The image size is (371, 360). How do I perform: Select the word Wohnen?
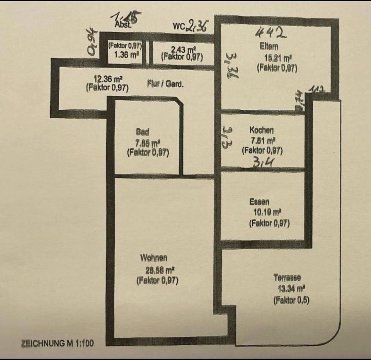154,258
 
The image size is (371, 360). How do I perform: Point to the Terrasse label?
287,277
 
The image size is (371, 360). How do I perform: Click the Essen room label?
259,202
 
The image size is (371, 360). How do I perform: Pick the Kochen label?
262,131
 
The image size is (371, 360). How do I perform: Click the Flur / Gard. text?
165,83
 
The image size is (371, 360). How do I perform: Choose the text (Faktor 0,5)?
292,300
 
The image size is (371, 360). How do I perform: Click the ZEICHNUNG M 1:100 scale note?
58,343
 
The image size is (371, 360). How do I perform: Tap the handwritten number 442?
271,33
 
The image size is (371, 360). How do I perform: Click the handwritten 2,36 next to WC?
197,26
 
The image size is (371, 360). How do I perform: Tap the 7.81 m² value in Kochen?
263,140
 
